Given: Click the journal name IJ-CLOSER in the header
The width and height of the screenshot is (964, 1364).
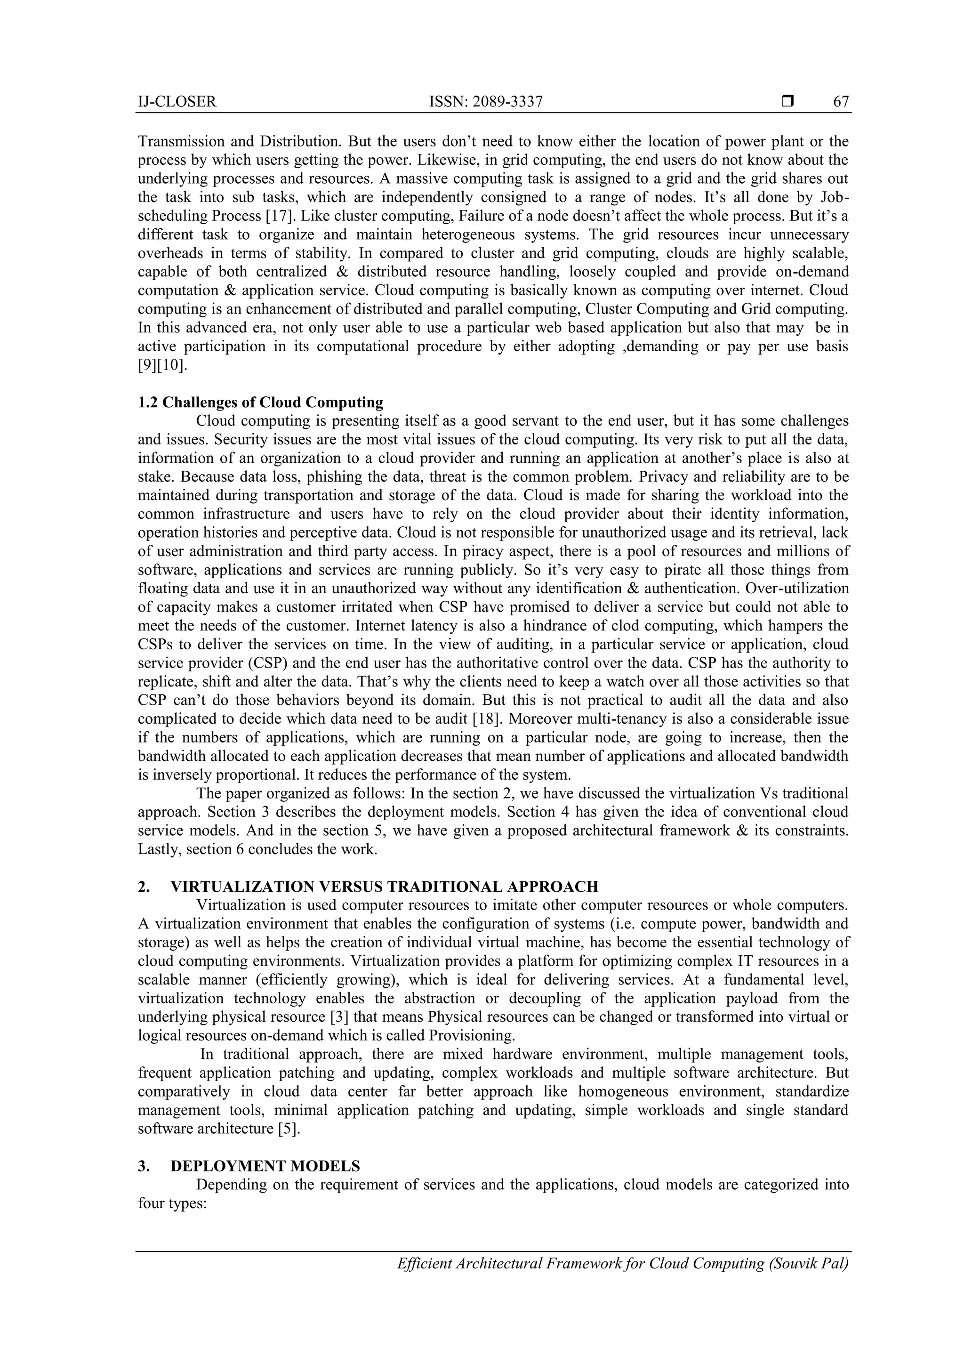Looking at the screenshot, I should [177, 102].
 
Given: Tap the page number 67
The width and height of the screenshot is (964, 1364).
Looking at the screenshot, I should [841, 102].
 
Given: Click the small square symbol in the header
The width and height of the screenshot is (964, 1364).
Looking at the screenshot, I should [787, 102].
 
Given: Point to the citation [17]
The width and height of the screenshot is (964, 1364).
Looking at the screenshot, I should [281, 216].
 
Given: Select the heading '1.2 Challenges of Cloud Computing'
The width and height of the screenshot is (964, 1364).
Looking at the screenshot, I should [260, 402].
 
